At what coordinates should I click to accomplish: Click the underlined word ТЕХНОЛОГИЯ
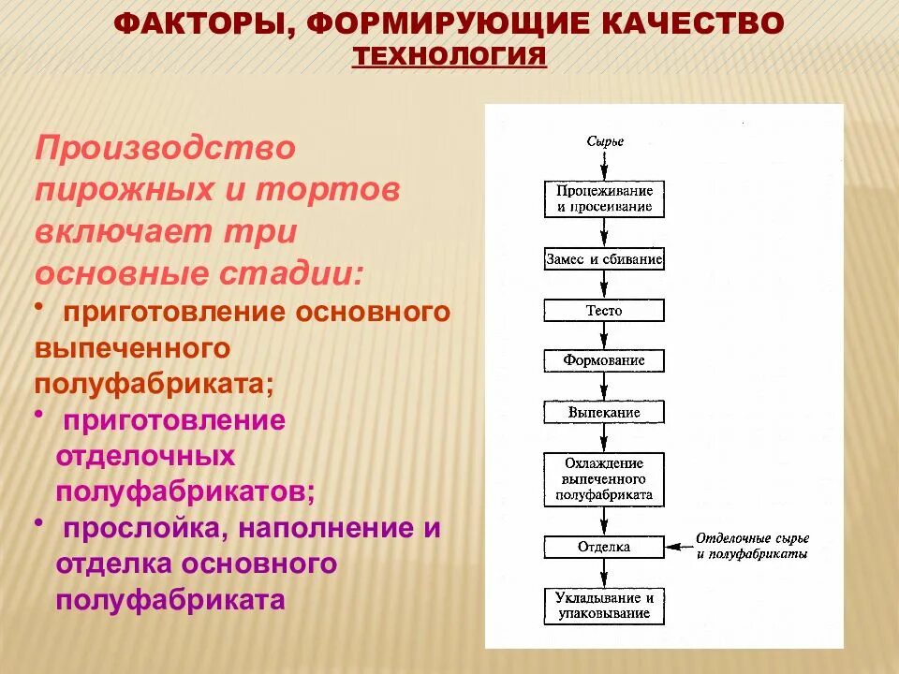(x=449, y=55)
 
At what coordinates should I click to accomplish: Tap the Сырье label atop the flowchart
(x=605, y=142)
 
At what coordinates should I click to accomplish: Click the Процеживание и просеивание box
(x=605, y=198)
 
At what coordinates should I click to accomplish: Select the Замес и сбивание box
(x=605, y=259)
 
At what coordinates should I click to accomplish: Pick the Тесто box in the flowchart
(x=605, y=310)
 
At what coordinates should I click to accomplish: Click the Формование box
(x=605, y=360)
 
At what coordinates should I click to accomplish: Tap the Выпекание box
(x=605, y=411)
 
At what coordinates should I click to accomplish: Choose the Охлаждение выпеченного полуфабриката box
(x=605, y=478)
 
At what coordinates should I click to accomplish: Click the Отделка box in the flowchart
(x=605, y=547)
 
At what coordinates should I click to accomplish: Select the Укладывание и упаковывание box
(x=605, y=605)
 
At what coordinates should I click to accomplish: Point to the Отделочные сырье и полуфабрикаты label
(x=752, y=546)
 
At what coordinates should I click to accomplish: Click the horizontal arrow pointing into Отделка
(x=677, y=547)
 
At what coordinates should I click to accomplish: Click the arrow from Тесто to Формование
(x=605, y=335)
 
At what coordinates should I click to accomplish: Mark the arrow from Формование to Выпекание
(x=605, y=386)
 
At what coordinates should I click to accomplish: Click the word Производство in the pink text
(x=165, y=149)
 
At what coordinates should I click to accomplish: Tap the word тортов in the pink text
(x=329, y=190)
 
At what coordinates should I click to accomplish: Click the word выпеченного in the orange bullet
(x=132, y=347)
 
